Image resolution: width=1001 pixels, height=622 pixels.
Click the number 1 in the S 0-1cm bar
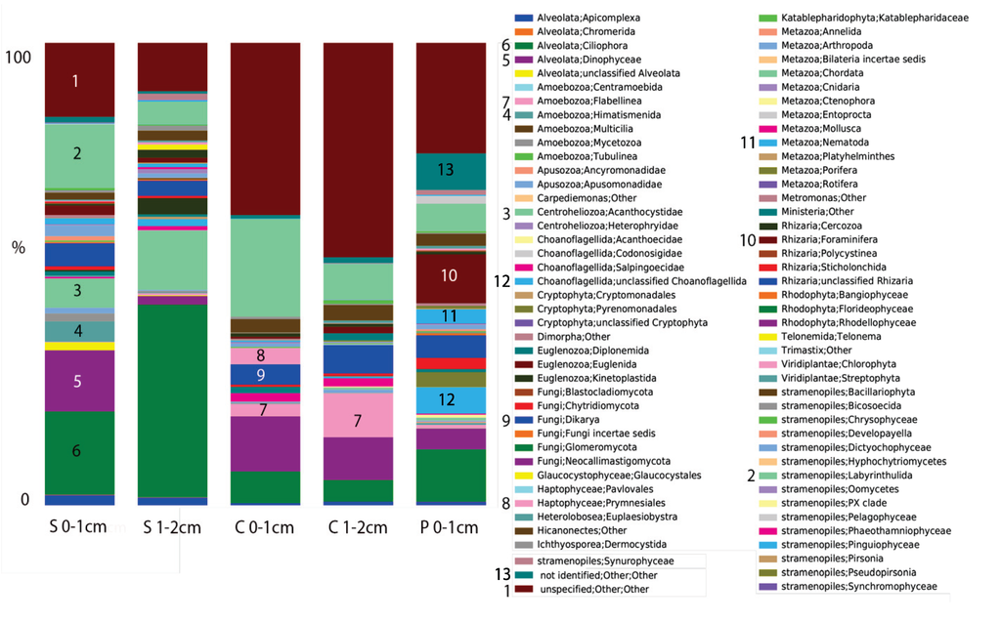click(76, 81)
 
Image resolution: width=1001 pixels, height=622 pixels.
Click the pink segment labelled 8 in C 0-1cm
click(261, 356)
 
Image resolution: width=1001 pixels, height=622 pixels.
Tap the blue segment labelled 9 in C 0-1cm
click(261, 374)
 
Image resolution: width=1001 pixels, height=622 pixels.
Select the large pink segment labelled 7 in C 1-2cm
click(358, 420)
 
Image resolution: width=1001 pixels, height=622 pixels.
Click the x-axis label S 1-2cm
click(172, 528)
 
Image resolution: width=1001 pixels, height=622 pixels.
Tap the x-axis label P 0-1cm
click(450, 528)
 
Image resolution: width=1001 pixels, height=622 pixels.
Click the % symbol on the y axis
click(18, 247)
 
